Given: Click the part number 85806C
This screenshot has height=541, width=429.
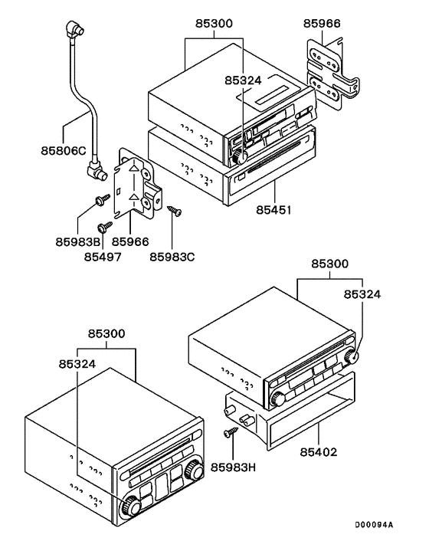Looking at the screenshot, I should click(x=64, y=150).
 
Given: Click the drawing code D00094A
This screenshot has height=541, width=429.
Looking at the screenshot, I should click(x=373, y=525).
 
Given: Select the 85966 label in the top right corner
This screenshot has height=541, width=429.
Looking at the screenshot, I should click(x=322, y=24).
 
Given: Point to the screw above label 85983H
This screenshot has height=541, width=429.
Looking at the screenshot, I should click(x=229, y=434).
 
